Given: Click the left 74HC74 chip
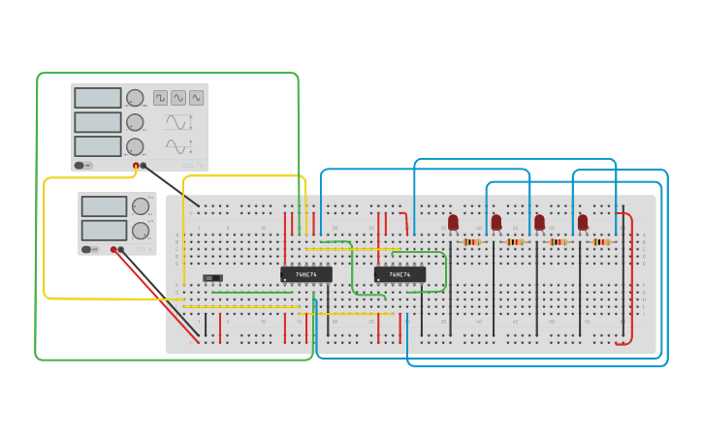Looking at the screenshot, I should click(x=305, y=274).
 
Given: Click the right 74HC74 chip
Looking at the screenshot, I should click(x=399, y=274).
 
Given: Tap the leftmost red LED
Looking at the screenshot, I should click(x=453, y=223).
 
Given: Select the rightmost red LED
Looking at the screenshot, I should click(x=583, y=223).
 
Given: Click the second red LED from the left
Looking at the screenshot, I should click(x=496, y=223).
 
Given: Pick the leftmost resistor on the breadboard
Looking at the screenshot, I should click(x=472, y=241).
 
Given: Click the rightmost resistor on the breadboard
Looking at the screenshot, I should click(x=602, y=241).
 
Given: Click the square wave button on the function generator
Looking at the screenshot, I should click(x=160, y=98).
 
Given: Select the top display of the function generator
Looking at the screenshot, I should click(x=98, y=98).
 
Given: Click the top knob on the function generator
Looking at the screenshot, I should click(x=135, y=98).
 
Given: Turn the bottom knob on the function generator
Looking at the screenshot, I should click(x=135, y=146).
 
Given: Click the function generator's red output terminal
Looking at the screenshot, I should click(x=136, y=166).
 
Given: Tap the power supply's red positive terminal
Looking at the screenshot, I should click(x=113, y=249).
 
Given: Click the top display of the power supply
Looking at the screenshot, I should click(x=104, y=206).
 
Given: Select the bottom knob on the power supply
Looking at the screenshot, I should click(x=141, y=231).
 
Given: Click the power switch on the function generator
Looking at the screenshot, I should click(x=83, y=165).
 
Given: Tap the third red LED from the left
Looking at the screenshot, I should click(x=539, y=223).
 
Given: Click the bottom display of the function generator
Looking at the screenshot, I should click(x=98, y=146).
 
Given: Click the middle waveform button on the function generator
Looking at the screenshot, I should click(x=178, y=98).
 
